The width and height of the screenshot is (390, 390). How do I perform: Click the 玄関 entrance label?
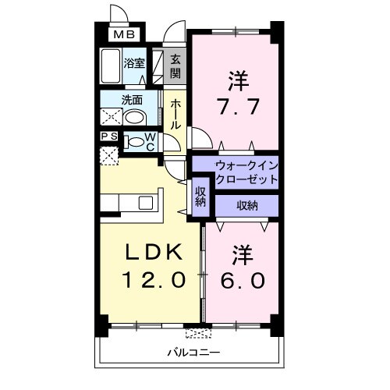pyautogui.click(x=175, y=66)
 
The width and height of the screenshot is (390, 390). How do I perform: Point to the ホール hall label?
pyautogui.click(x=175, y=114)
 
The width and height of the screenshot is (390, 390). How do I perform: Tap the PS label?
pyautogui.click(x=109, y=136)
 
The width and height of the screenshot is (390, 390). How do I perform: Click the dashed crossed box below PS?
pyautogui.click(x=109, y=154)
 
